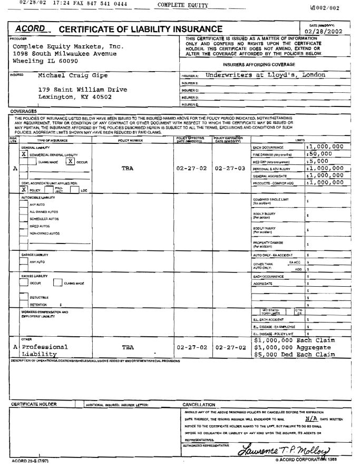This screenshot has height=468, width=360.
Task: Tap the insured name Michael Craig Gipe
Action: (x=72, y=75)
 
